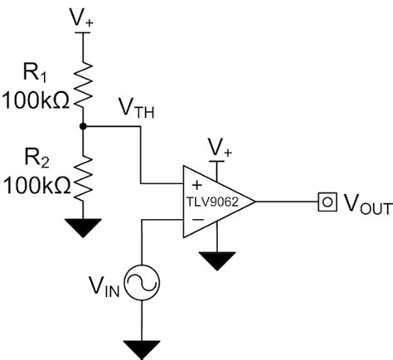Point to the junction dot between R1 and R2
(x=81, y=126)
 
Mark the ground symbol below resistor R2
(x=81, y=225)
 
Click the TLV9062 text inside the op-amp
(x=213, y=201)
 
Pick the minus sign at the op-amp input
(x=196, y=218)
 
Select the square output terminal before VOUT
(x=326, y=201)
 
